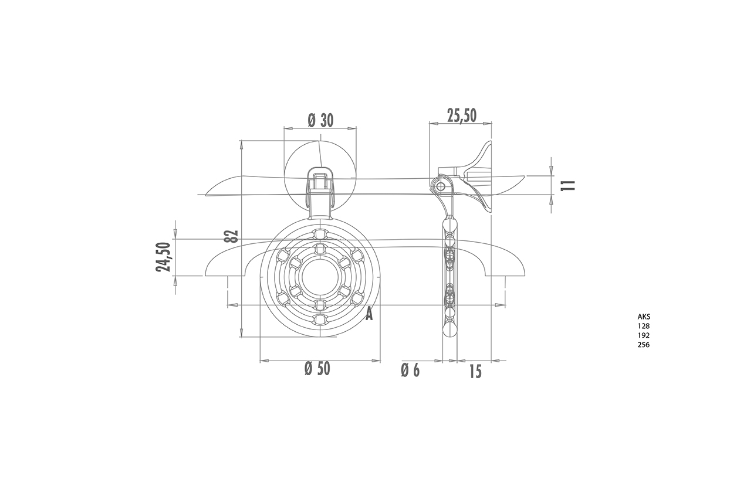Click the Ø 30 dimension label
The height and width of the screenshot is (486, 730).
[320, 120]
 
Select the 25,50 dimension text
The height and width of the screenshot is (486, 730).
[461, 115]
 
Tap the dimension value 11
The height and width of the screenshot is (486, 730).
[569, 185]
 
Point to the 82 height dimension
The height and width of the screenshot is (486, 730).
[232, 236]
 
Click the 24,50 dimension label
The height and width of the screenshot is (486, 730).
[163, 257]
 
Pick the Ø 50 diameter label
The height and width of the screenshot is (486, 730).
[317, 368]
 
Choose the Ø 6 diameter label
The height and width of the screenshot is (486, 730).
[410, 371]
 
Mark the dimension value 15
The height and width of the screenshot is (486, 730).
[475, 372]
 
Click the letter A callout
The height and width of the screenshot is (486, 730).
[369, 314]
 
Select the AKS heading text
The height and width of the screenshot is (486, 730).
[644, 317]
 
